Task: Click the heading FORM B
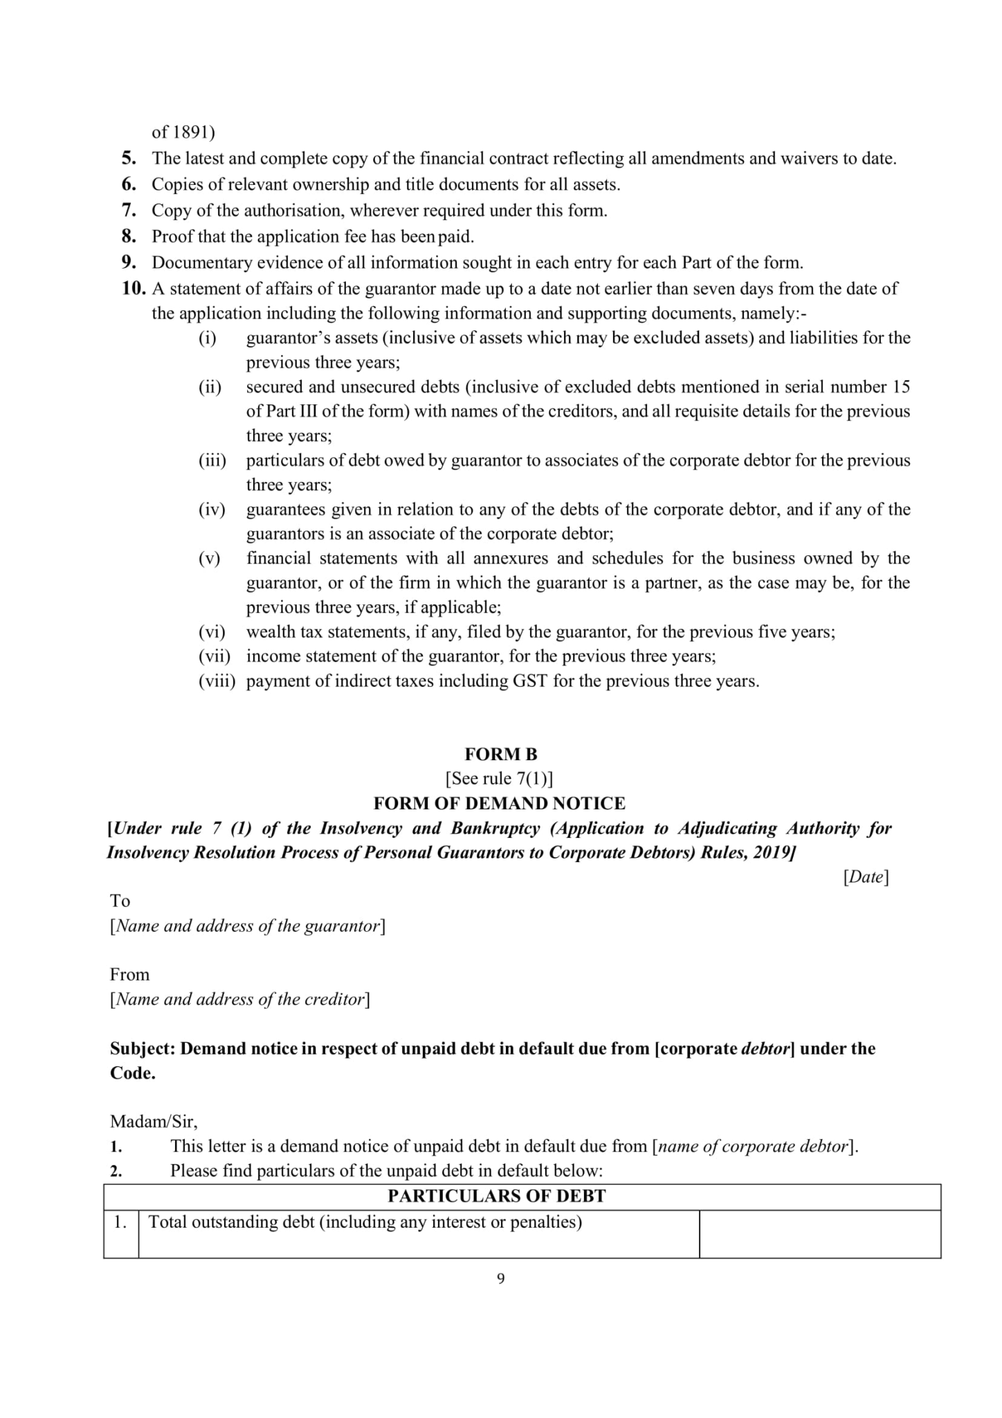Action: pos(500,754)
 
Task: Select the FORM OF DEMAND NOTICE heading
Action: pos(499,803)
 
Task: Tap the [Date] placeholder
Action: pos(866,877)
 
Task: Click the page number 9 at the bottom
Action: pos(501,1278)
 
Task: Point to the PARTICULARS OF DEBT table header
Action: pos(496,1196)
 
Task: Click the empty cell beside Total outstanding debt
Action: pos(819,1233)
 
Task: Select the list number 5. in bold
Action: pos(129,159)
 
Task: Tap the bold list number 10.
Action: pos(134,289)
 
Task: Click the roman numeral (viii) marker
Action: pos(217,681)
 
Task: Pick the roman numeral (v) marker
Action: pos(209,559)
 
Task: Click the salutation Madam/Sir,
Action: pos(154,1121)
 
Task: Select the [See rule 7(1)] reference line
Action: pos(499,779)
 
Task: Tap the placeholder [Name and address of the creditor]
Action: pos(239,999)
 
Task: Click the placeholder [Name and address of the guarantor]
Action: pos(247,926)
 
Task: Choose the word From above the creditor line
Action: pos(129,975)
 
